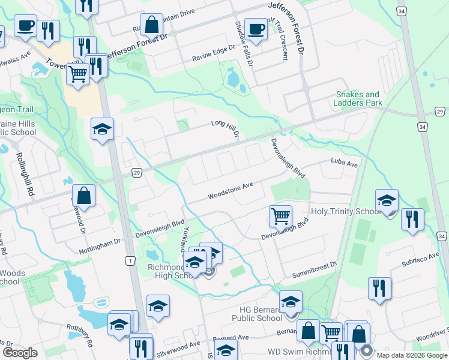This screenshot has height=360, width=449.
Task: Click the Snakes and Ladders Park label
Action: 358,98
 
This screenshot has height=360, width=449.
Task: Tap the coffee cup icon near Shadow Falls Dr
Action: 255,29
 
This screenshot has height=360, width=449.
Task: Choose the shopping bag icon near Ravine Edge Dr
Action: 152,26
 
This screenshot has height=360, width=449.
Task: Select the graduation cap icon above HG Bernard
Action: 291,301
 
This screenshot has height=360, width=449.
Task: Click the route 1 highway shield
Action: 130,260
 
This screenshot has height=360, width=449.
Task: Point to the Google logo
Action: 20,353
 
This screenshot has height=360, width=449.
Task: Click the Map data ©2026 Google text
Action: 411,355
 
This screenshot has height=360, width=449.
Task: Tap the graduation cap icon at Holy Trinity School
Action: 387,200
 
